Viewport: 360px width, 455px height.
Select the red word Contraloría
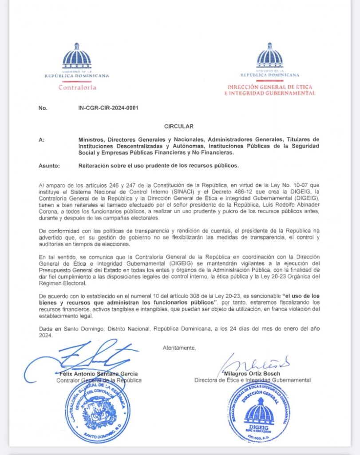pyautogui.click(x=77, y=88)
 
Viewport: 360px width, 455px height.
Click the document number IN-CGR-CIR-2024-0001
pyautogui.click(x=105, y=108)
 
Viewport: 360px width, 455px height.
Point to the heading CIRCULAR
pyautogui.click(x=179, y=127)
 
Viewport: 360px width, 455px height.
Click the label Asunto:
pyautogui.click(x=48, y=166)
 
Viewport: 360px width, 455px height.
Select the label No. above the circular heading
pyautogui.click(x=43, y=108)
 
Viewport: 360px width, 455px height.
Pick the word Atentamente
pyautogui.click(x=179, y=347)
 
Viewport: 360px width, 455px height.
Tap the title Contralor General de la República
pyautogui.click(x=99, y=380)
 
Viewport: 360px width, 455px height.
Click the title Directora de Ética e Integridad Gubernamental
pyautogui.click(x=252, y=380)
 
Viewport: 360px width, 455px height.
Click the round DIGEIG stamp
pyautogui.click(x=260, y=413)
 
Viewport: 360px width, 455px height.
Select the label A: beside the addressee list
pyautogui.click(x=42, y=140)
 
